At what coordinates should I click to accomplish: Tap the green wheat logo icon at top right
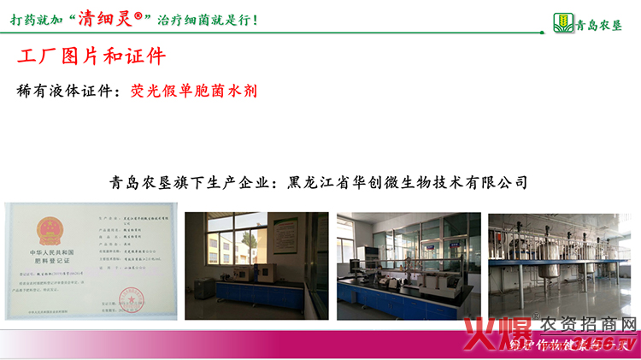(562, 21)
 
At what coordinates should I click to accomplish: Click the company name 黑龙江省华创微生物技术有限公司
(409, 182)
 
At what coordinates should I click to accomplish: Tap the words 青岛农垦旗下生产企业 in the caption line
(190, 182)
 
